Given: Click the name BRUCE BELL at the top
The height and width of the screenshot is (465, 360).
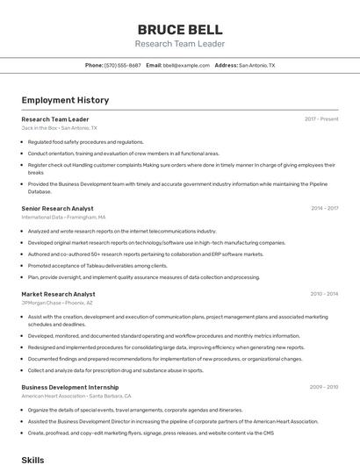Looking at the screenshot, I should pos(180,29).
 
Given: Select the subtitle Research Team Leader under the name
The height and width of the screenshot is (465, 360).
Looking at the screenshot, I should pos(180,44).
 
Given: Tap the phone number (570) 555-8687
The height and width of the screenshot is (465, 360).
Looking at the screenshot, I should pos(123,66).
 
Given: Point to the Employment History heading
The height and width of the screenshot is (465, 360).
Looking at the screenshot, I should pos(61,100).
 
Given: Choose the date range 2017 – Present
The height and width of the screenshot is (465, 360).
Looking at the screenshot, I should pos(321,119).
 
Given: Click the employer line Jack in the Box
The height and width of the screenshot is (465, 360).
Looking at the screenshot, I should pos(55,128).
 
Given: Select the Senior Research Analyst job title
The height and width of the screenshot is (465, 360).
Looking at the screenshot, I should pos(57,208).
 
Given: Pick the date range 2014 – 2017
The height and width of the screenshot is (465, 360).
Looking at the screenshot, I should pos(324,208).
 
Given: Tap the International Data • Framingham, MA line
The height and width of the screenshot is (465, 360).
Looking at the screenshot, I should pos(63,217).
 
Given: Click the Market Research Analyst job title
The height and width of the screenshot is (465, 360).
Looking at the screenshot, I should pos(58,294).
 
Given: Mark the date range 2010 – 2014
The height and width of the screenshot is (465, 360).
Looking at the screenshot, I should pos(324,294).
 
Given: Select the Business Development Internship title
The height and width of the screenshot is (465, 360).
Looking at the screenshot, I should pos(69,387).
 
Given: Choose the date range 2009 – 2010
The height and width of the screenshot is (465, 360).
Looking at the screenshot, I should pos(323,387).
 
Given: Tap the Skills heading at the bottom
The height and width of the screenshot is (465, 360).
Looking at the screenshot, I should pos(32,459).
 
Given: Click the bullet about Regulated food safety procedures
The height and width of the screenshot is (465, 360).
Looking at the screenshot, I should pos(85,141).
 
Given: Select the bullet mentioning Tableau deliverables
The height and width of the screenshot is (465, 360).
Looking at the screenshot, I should pos(97,265).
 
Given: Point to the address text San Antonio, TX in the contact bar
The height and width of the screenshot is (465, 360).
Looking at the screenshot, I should pos(256,66).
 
